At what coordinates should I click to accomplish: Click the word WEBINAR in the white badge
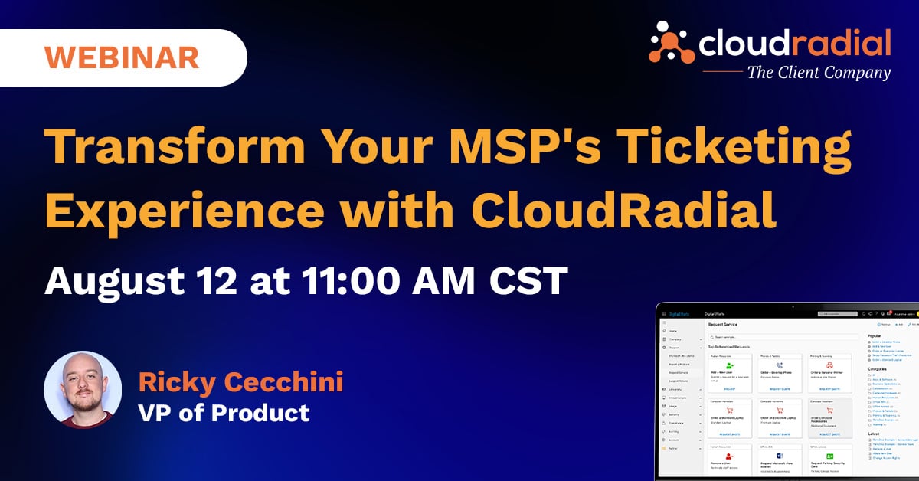click(x=122, y=57)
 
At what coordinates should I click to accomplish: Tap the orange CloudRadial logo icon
click(x=672, y=42)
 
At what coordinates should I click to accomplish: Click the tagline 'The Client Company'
click(x=819, y=74)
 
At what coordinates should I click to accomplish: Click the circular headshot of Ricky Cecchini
click(x=83, y=390)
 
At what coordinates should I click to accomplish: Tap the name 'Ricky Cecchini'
click(x=240, y=381)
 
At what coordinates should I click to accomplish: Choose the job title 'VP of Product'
click(x=224, y=413)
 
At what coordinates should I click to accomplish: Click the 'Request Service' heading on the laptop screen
click(x=724, y=325)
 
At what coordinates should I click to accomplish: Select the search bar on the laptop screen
click(x=781, y=337)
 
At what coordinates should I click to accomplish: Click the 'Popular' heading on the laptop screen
click(x=874, y=335)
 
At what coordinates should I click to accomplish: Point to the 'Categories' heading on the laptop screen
click(x=877, y=369)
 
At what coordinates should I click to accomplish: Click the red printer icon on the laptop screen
click(x=829, y=365)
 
